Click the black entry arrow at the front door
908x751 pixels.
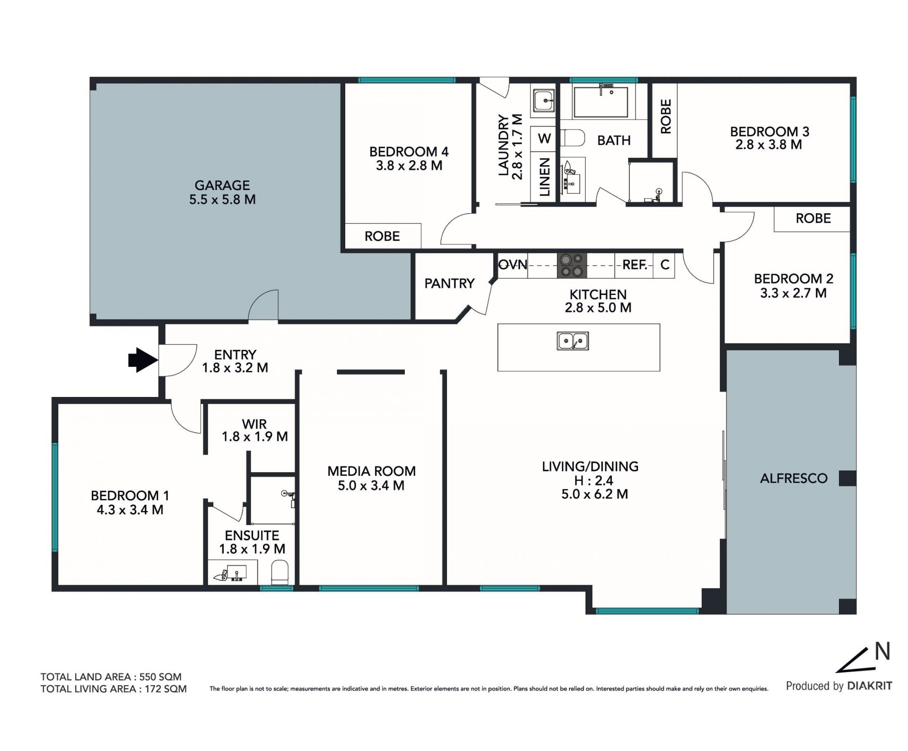(x=143, y=360)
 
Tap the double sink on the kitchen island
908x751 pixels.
(x=573, y=341)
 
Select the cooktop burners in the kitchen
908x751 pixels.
(x=572, y=265)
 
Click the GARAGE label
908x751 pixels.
(x=222, y=185)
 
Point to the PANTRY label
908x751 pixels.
(x=449, y=283)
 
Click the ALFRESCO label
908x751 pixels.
(x=794, y=478)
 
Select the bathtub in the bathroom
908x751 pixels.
(x=601, y=102)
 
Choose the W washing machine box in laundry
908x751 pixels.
(x=544, y=139)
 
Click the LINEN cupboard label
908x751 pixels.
(x=545, y=177)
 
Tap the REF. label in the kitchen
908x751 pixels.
(x=635, y=265)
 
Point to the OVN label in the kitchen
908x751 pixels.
(x=513, y=265)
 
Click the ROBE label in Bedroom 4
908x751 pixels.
(x=382, y=236)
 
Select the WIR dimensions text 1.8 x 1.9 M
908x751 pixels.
(x=255, y=437)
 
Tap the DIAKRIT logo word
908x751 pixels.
(x=870, y=686)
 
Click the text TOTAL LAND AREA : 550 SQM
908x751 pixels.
(x=111, y=677)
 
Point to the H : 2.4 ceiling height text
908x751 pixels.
(x=594, y=481)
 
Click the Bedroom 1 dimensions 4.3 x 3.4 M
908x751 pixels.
(x=130, y=510)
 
